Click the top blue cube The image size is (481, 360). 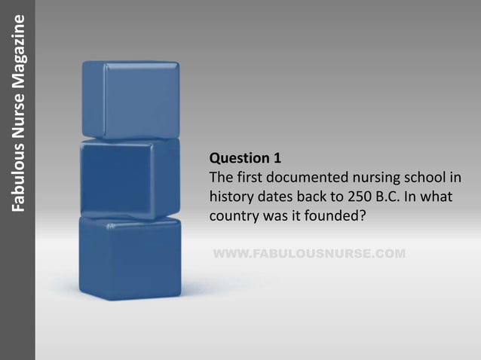(130, 99)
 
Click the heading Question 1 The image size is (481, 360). (245, 158)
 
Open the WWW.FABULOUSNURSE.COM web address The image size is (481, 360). (309, 253)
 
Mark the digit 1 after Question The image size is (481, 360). (277, 158)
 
